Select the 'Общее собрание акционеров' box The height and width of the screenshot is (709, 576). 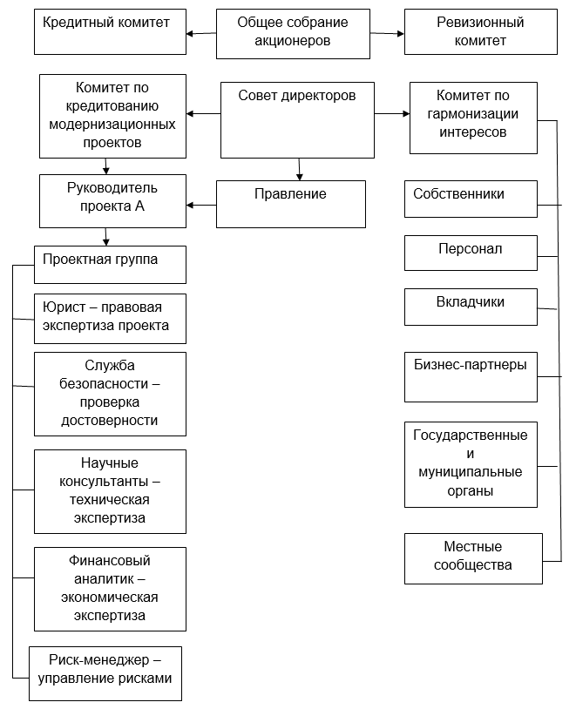coord(292,32)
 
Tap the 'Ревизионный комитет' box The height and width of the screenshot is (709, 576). coord(479,32)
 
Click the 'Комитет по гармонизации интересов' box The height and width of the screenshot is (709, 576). coord(473,118)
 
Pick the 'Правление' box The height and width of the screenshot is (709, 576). coord(290,203)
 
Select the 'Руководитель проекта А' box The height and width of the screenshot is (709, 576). coord(112,200)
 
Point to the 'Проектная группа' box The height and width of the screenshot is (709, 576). coord(110,265)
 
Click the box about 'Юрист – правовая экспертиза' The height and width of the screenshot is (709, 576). coord(110,318)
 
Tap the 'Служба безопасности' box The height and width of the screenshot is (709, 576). coord(110,393)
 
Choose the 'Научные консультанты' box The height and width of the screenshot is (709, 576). coord(110,491)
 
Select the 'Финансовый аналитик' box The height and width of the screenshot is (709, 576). coord(110,588)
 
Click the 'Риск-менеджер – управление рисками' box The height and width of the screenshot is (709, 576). coord(105,673)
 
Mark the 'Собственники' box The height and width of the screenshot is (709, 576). coord(471,199)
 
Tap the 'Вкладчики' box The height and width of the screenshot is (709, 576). coord(471,307)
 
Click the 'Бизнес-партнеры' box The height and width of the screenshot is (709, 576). coord(471,376)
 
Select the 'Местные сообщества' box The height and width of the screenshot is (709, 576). coord(473,558)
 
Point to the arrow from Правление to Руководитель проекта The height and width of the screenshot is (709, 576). coord(201,206)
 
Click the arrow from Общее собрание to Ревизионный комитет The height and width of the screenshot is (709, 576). coord(387,33)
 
